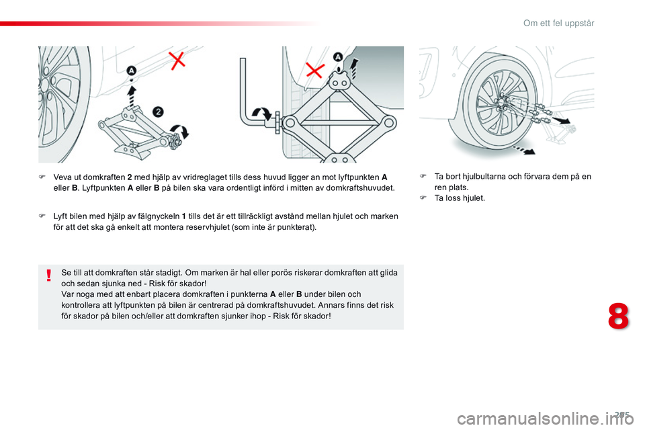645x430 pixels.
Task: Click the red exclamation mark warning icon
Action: [x=49, y=276]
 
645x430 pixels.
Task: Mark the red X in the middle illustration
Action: [x=315, y=70]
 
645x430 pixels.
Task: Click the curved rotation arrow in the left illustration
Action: [x=181, y=132]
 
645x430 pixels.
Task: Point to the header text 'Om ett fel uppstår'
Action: [x=558, y=24]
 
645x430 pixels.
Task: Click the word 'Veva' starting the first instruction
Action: [x=62, y=177]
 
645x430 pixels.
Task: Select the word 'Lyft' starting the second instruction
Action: [x=60, y=216]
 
